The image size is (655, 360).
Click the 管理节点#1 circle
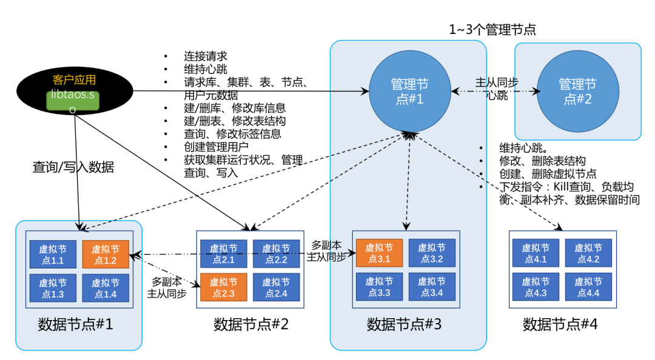tap(409, 92)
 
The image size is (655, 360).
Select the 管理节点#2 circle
tap(577, 92)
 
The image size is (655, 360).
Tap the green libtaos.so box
tap(72, 101)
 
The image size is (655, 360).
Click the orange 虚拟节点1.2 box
tap(106, 254)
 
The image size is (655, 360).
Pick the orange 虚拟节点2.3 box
tap(224, 287)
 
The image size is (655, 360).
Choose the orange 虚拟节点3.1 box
tap(379, 253)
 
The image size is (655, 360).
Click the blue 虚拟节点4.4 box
tap(588, 288)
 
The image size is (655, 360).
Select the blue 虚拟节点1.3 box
tap(53, 288)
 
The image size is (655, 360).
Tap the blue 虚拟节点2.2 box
tap(276, 254)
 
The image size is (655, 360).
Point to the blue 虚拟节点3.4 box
tap(431, 287)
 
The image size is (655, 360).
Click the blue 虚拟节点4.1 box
tap(536, 254)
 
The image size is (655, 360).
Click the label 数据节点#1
tap(75, 324)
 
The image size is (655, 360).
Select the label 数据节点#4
tap(560, 324)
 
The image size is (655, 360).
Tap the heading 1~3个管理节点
tap(492, 29)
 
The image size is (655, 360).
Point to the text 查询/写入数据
tap(73, 167)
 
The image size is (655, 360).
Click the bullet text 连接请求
tap(206, 56)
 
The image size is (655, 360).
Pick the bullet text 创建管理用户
tap(217, 147)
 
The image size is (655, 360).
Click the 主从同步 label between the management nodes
tap(496, 83)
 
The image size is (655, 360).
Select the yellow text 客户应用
tap(74, 79)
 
